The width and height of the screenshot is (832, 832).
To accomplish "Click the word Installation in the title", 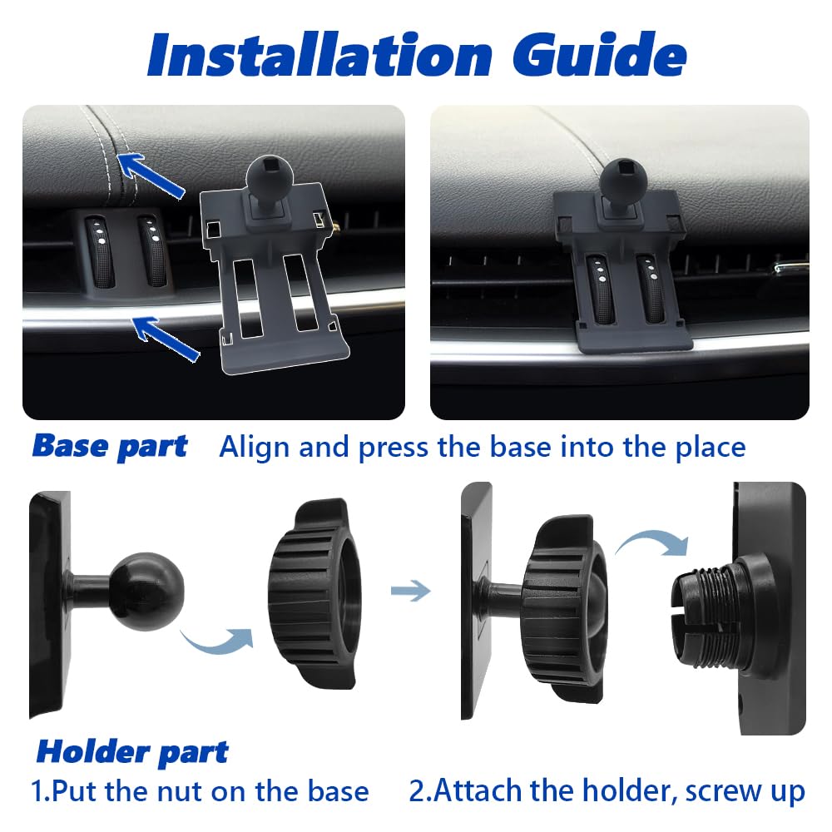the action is pyautogui.click(x=320, y=54).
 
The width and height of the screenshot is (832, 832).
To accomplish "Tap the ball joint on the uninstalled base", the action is pyautogui.click(x=267, y=176).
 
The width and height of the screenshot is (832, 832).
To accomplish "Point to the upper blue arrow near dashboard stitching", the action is pyautogui.click(x=151, y=175).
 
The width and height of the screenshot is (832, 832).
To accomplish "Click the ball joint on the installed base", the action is pyautogui.click(x=623, y=181).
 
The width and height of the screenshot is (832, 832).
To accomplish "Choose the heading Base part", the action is pyautogui.click(x=110, y=446).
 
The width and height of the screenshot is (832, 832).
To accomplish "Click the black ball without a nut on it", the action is pyautogui.click(x=147, y=591).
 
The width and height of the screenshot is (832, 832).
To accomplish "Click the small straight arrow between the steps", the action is pyautogui.click(x=410, y=591).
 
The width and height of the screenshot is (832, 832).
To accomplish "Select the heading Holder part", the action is pyautogui.click(x=132, y=752).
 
